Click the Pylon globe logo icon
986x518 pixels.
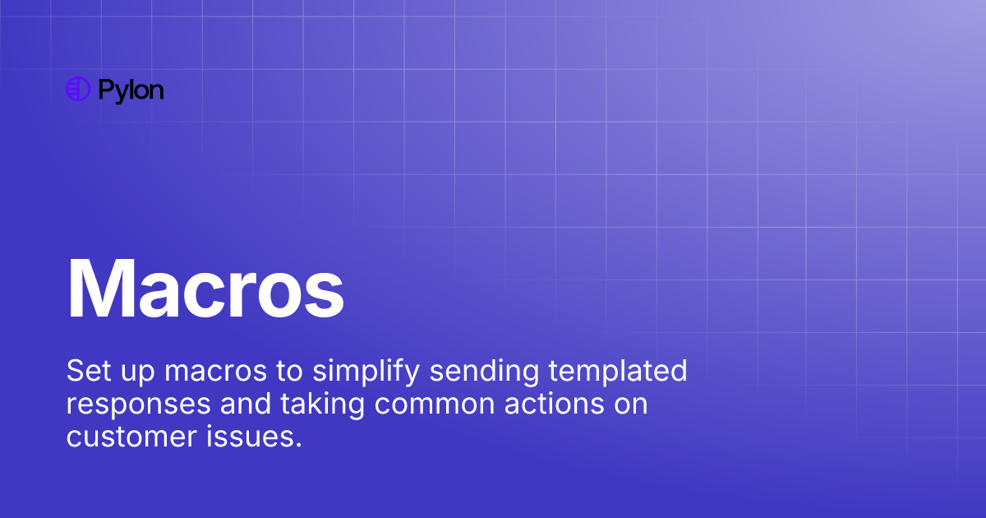click(77, 90)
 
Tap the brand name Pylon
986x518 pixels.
click(131, 90)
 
